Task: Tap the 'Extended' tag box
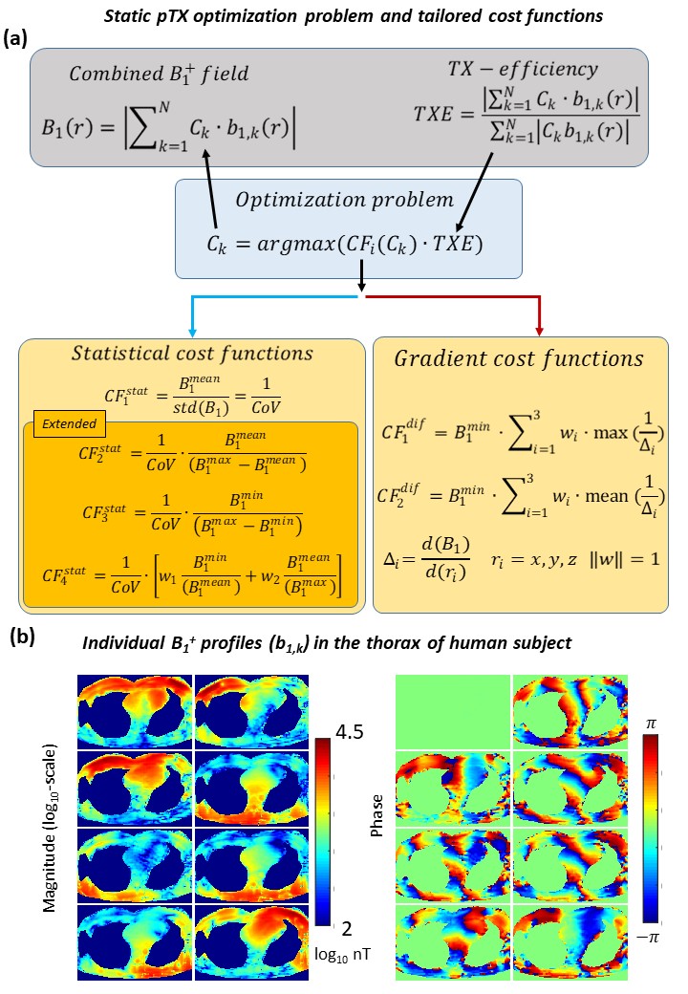(59, 421)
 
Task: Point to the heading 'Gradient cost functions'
(519, 359)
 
